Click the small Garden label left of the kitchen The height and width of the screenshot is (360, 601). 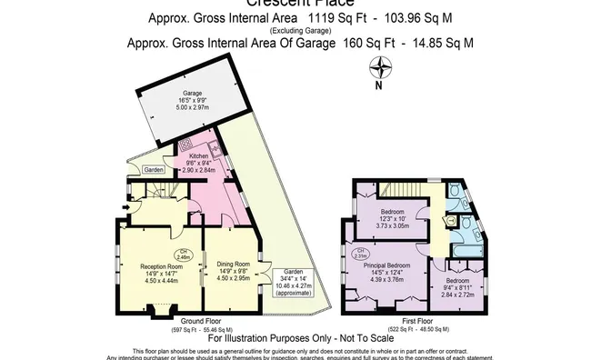tap(153, 170)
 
